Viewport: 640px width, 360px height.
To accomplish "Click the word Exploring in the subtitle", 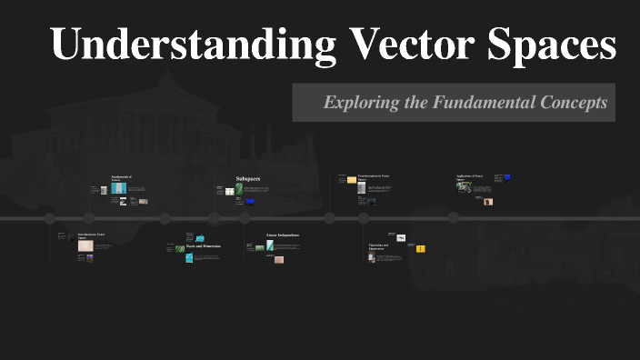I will tap(361, 103).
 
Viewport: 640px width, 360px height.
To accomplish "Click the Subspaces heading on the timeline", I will tap(247, 179).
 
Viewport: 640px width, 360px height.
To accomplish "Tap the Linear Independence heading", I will tap(282, 235).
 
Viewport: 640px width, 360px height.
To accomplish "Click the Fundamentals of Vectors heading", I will tap(121, 178).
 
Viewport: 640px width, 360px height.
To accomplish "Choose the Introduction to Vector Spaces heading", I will tap(91, 235).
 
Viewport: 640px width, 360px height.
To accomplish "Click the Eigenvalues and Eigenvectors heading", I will tap(379, 246).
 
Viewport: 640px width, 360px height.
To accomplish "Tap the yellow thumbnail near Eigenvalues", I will tap(420, 248).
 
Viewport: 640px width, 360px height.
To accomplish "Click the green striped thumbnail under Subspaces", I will tap(239, 189).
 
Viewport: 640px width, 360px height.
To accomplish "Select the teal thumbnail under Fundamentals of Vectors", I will tap(116, 188).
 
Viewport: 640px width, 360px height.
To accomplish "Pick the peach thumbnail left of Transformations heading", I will tap(352, 180).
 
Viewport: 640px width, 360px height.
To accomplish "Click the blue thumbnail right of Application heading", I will tap(507, 177).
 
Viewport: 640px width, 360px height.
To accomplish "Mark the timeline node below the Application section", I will tap(453, 218).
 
